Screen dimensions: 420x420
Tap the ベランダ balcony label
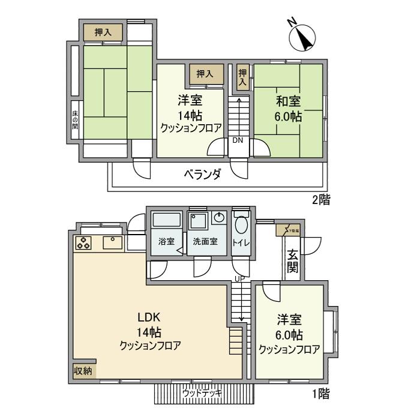(202, 175)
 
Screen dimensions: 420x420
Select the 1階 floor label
(320, 394)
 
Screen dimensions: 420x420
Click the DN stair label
(238, 140)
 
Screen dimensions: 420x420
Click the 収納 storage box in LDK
(83, 371)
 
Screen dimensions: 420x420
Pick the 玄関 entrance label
(292, 262)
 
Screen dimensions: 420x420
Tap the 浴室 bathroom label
(166, 242)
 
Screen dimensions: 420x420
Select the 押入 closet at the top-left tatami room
(103, 32)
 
